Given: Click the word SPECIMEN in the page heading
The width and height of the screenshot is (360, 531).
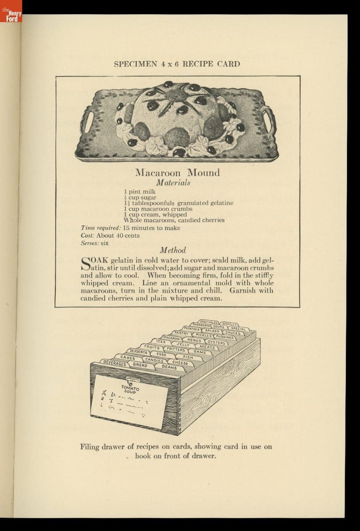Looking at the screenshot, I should coord(135,64).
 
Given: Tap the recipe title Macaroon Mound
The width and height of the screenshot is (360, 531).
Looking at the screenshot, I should coord(177,173).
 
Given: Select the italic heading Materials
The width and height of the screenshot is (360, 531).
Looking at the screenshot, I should coord(173,182).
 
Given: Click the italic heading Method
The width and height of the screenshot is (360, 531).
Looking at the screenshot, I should coord(173,250).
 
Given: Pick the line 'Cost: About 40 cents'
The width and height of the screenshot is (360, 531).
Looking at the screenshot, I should coord(110,235).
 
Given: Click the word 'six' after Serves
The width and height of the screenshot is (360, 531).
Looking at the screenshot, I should coord(105,243).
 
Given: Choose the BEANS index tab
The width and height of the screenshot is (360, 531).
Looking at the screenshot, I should coord(169,367).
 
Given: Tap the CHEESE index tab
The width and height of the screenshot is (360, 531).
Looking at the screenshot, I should coord(180,362).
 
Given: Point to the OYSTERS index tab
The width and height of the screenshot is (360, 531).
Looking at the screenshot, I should coord(217,342).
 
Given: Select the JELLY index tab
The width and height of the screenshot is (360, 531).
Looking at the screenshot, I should coord(183,344).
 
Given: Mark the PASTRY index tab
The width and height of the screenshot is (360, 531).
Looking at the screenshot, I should coord(182,332).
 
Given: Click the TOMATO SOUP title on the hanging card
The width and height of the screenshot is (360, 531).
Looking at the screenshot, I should coord(130,389).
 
